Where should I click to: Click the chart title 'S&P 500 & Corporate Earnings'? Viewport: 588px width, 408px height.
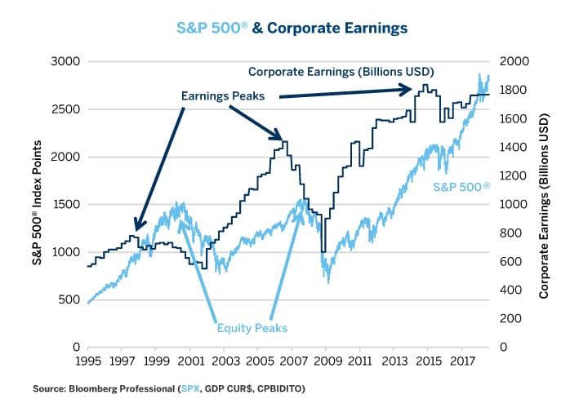[x=292, y=28]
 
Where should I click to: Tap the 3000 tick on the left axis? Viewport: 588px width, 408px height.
[x=64, y=62]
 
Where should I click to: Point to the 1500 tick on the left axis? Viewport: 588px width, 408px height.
[x=64, y=205]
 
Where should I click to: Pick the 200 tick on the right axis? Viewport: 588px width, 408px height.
[x=512, y=319]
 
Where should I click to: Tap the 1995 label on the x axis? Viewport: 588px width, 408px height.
[x=87, y=360]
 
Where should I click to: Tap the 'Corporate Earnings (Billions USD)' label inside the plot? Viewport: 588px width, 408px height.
[x=341, y=70]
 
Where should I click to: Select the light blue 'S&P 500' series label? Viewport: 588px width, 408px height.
[x=462, y=188]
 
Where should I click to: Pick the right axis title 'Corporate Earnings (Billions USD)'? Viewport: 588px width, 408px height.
[x=544, y=204]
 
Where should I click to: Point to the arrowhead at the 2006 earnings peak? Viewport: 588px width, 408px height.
[x=279, y=138]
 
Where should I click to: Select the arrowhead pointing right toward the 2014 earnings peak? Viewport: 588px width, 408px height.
[x=408, y=88]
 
